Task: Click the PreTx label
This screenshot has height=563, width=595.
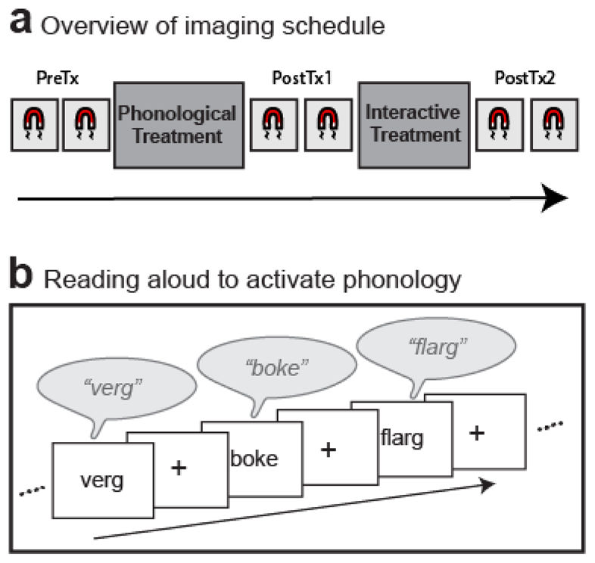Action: [x=58, y=78]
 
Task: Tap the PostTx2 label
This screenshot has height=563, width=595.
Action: [x=520, y=78]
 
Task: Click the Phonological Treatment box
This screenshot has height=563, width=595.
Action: [x=179, y=126]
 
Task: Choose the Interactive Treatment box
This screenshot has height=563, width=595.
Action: [x=413, y=126]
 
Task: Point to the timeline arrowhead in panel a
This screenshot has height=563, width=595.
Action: [x=557, y=199]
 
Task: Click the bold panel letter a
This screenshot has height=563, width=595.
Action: [x=20, y=23]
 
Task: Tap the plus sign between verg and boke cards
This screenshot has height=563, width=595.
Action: [x=179, y=468]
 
